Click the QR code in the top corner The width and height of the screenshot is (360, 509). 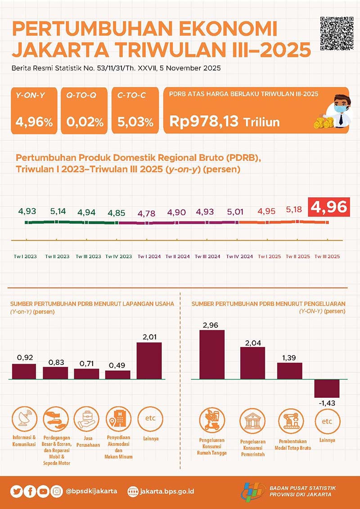[337, 34]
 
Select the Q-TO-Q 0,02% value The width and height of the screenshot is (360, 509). [85, 122]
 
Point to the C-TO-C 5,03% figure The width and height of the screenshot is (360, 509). [135, 122]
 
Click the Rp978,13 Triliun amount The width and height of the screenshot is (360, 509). [225, 121]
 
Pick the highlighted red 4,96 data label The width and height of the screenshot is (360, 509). [328, 207]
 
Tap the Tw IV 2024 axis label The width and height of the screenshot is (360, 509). [239, 257]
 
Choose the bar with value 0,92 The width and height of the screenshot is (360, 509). [24, 371]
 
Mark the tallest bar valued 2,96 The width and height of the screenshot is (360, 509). [211, 355]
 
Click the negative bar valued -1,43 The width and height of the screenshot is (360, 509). [326, 389]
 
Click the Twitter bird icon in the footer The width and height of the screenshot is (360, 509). [17, 491]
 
